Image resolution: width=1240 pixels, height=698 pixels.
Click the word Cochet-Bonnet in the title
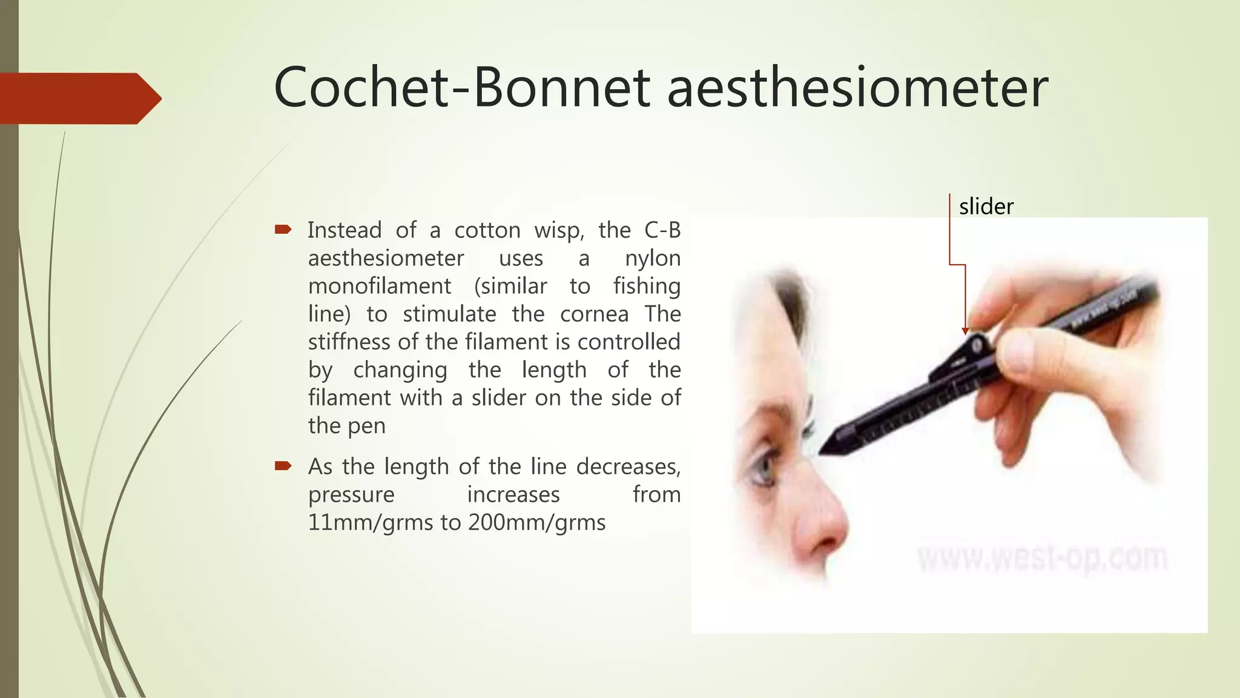click(462, 88)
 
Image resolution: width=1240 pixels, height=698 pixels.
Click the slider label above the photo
click(986, 207)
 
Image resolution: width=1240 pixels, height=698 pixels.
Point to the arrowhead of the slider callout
click(965, 331)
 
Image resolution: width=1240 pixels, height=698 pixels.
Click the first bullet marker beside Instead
click(283, 230)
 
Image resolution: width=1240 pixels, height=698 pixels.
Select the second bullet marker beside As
click(283, 466)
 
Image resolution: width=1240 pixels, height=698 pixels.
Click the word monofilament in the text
click(380, 286)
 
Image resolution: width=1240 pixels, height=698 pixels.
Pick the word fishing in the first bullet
click(647, 286)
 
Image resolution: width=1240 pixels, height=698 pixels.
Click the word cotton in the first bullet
click(487, 230)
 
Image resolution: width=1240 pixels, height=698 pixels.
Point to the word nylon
click(653, 258)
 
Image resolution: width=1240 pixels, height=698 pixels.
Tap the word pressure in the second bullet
click(351, 494)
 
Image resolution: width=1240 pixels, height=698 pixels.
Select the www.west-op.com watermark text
click(1041, 557)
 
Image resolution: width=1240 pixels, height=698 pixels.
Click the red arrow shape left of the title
click(79, 98)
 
